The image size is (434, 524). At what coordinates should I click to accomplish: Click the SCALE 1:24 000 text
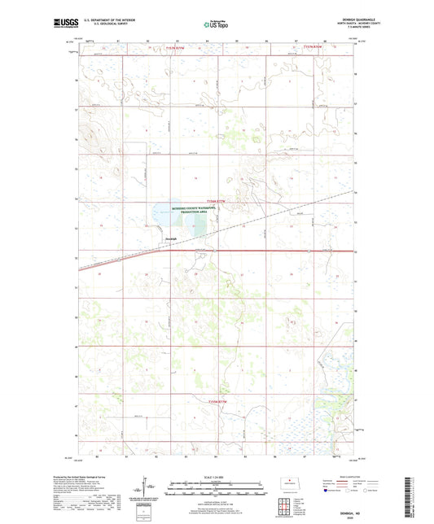coord(217,477)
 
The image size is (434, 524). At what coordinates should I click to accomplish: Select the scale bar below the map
coord(217,491)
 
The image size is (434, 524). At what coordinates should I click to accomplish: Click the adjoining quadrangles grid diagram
coord(284,509)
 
